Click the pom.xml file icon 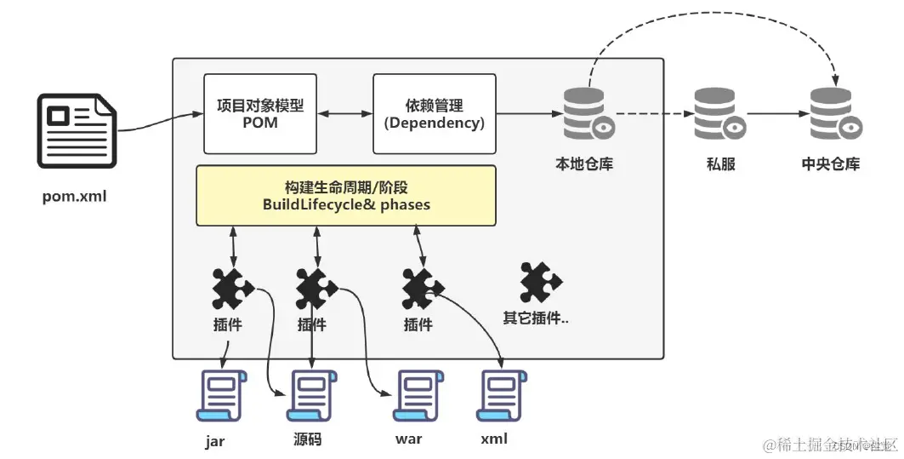(76, 133)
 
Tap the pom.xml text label (75, 197)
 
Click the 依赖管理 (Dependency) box (434, 114)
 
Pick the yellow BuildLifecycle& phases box (345, 196)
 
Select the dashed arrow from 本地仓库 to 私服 (651, 113)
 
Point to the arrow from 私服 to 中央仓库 (776, 113)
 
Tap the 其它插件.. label (535, 318)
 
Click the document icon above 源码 (311, 396)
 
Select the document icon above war (413, 396)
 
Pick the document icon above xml (502, 396)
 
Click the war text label (408, 439)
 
